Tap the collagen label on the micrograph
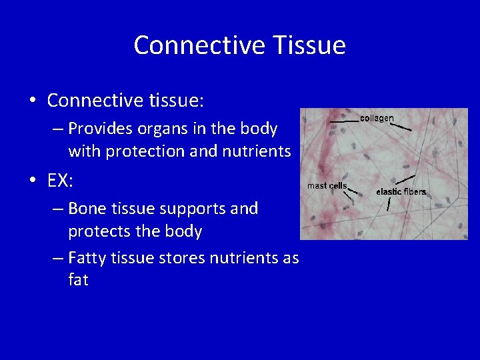point(377,118)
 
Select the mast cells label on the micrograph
point(327,185)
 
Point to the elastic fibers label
point(401,192)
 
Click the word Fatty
point(89,257)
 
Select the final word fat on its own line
point(78,280)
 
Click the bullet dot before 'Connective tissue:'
point(32,101)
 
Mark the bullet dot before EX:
point(32,181)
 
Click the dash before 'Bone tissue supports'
point(58,209)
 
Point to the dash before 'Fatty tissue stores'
point(58,258)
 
